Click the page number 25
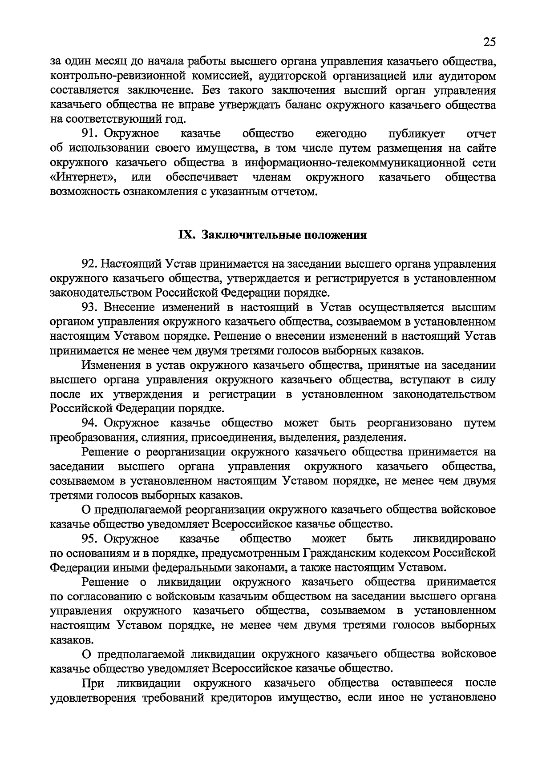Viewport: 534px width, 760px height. click(x=489, y=42)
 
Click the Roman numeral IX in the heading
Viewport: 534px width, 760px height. click(x=186, y=235)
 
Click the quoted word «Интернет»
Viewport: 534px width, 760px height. click(x=83, y=177)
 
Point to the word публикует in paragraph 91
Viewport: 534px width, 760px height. click(x=413, y=133)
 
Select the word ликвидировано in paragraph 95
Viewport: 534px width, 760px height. click(x=454, y=539)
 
